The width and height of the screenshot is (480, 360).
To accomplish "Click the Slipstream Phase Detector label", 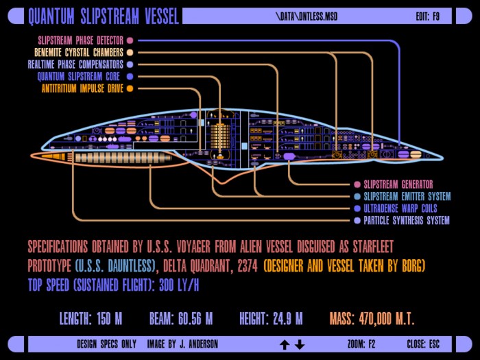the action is tap(80, 40).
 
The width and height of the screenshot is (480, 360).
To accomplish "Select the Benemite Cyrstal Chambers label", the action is tap(79, 52).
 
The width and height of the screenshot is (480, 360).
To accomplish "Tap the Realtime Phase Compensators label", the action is tap(75, 64).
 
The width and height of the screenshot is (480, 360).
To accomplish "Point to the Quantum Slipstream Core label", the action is tap(79, 76).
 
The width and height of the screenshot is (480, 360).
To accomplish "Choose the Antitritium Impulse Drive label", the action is tap(82, 88).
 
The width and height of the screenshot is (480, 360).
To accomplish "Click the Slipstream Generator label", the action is tap(398, 184).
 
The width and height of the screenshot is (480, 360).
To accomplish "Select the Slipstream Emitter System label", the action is tap(407, 196).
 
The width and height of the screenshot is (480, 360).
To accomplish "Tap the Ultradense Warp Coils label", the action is tap(400, 208).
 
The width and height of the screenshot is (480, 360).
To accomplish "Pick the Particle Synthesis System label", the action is tap(407, 220).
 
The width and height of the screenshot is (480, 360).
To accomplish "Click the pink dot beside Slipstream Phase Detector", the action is tap(130, 40).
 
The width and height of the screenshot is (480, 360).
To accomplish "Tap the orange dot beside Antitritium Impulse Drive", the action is tap(130, 88).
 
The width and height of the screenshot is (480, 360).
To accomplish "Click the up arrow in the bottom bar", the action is tap(285, 345).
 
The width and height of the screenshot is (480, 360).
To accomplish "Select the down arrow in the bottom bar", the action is tap(300, 345).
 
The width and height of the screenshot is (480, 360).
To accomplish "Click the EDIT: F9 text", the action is tap(428, 16).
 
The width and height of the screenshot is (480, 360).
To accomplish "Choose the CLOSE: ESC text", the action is tap(423, 344).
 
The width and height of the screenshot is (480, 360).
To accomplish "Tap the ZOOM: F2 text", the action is tap(361, 344).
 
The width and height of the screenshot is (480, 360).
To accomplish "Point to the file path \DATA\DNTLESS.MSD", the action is tap(307, 16).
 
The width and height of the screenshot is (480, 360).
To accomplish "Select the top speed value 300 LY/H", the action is tap(179, 285).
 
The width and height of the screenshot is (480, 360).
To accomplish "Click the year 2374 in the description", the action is tap(248, 266).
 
